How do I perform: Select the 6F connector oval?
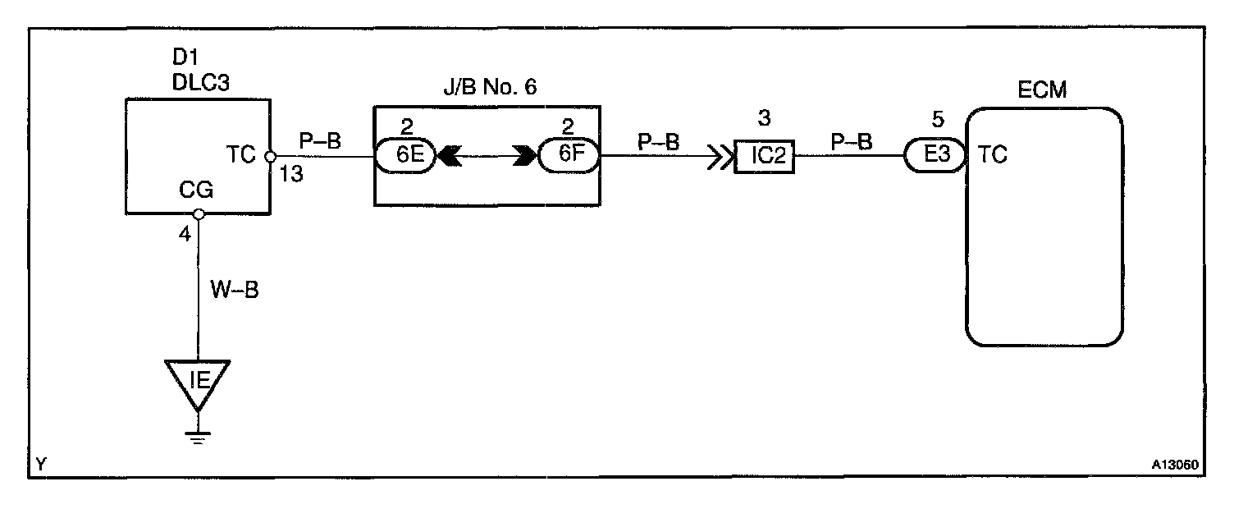(567, 155)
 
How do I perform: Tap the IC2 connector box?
(763, 155)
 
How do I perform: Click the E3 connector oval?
(935, 155)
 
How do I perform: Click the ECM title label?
(1042, 90)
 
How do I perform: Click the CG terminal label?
(197, 191)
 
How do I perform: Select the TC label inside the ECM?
(994, 154)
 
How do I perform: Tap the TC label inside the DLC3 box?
(243, 154)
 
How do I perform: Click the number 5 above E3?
(939, 120)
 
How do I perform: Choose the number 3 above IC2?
(764, 118)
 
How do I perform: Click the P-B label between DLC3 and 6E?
(319, 141)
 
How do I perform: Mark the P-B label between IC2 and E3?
(852, 141)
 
